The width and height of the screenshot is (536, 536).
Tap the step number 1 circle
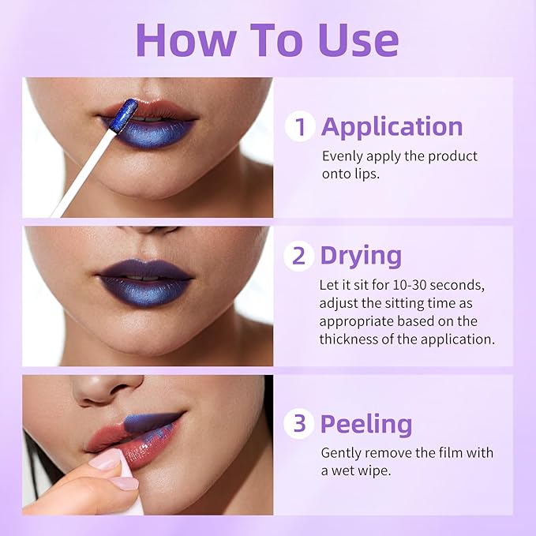pyautogui.click(x=300, y=126)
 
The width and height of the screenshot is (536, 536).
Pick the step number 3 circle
pyautogui.click(x=300, y=424)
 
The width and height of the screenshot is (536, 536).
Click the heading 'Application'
pyautogui.click(x=392, y=126)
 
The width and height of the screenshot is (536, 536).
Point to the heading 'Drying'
pyautogui.click(x=360, y=256)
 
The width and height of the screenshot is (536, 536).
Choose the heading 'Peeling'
pyautogui.click(x=365, y=424)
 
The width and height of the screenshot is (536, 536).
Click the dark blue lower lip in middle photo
pyautogui.click(x=146, y=291)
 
